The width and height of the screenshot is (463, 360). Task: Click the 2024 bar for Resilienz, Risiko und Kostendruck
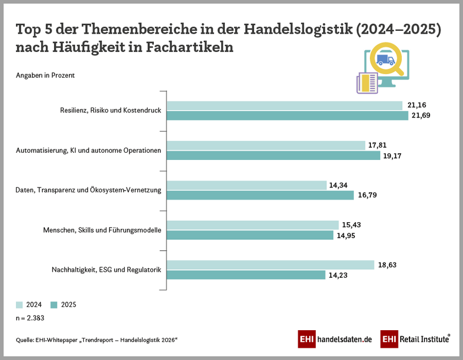tap(284, 105)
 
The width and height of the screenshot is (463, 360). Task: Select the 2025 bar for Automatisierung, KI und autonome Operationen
tap(273, 155)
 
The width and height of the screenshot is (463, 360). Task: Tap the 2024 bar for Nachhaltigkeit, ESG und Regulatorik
tap(270, 265)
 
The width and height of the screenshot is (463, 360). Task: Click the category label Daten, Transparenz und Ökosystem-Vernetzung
tap(88, 190)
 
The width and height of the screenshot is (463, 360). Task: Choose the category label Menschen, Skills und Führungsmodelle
tap(102, 230)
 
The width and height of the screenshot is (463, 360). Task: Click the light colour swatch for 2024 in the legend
tap(20, 304)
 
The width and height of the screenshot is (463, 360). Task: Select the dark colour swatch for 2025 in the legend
tap(54, 304)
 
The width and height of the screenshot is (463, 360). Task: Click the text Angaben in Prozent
tap(45, 76)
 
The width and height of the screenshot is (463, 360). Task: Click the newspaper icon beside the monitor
tap(367, 83)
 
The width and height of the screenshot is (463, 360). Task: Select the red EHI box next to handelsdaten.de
tap(306, 339)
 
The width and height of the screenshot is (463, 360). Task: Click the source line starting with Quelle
tap(96, 340)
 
